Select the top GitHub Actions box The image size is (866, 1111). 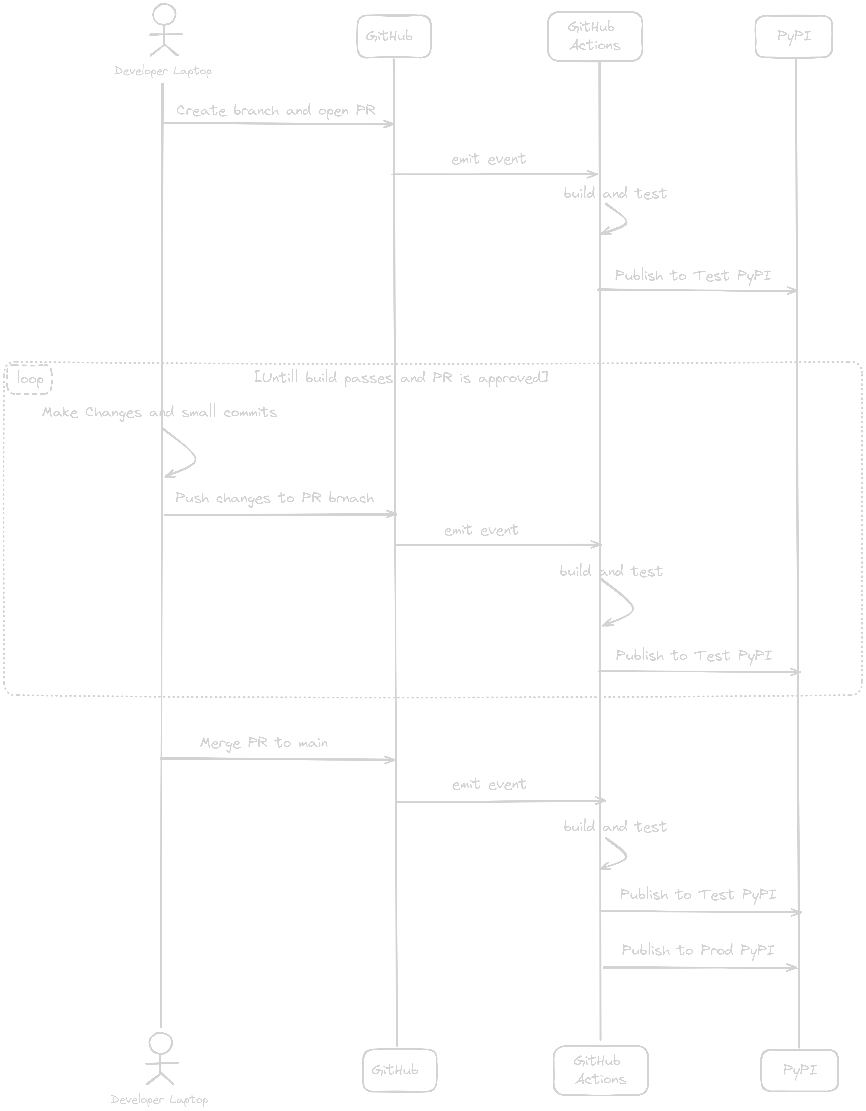point(595,36)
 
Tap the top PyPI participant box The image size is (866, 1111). point(794,36)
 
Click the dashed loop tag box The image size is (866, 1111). point(29,379)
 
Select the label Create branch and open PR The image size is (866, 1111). point(275,110)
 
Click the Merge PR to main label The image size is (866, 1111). point(264,743)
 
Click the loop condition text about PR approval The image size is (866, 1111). point(401,378)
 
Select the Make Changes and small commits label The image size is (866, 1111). point(159,412)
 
